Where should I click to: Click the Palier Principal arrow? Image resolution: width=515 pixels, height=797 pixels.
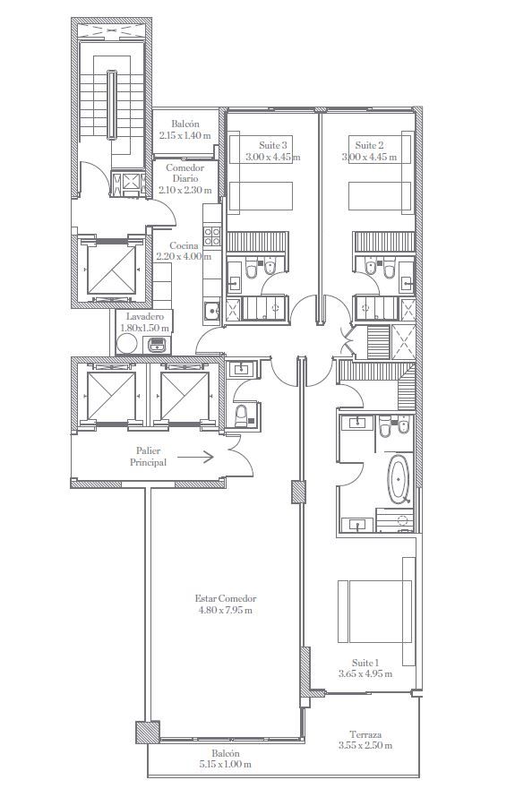click(195, 457)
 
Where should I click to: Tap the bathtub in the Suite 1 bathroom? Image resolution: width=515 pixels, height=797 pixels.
click(399, 479)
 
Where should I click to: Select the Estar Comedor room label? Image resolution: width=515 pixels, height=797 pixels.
click(225, 599)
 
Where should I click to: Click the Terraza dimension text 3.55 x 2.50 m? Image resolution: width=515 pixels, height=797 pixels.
click(365, 746)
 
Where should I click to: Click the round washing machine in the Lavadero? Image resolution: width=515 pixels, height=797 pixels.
click(126, 344)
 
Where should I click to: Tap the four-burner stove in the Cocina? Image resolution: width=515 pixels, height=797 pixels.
click(212, 236)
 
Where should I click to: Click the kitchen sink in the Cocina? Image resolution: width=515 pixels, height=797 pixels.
click(212, 309)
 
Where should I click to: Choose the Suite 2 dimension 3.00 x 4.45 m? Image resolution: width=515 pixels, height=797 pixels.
click(370, 157)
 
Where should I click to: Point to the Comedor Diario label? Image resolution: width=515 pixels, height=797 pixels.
click(185, 174)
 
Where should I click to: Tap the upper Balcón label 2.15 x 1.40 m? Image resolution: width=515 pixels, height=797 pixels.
click(185, 130)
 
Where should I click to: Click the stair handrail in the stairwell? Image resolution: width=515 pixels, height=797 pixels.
click(111, 105)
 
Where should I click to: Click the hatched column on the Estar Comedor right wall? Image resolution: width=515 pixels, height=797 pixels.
click(298, 492)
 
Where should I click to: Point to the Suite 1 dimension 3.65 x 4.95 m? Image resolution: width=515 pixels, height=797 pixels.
click(365, 674)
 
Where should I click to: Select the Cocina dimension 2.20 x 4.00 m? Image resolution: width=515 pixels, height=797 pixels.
click(184, 257)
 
